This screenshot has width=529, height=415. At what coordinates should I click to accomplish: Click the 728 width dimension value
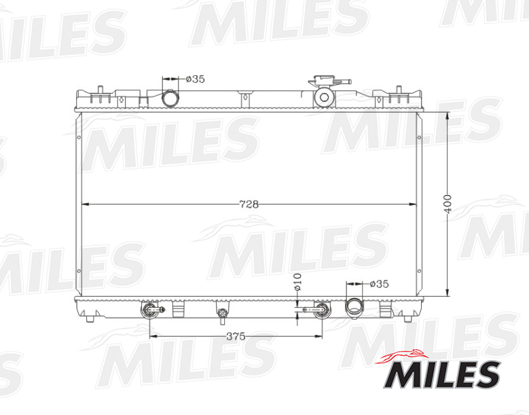pos(250,204)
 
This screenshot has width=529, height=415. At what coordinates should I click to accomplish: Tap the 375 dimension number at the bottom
pos(236,336)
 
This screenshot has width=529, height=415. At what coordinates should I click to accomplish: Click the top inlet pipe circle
pos(170,99)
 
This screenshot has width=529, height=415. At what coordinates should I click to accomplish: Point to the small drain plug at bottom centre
pos(222,313)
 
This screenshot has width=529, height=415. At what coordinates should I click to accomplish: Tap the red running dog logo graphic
pos(405,355)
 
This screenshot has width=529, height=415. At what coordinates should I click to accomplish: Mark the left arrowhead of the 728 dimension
pos(84,204)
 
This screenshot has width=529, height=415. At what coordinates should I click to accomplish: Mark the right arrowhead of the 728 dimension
pos(416,204)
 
